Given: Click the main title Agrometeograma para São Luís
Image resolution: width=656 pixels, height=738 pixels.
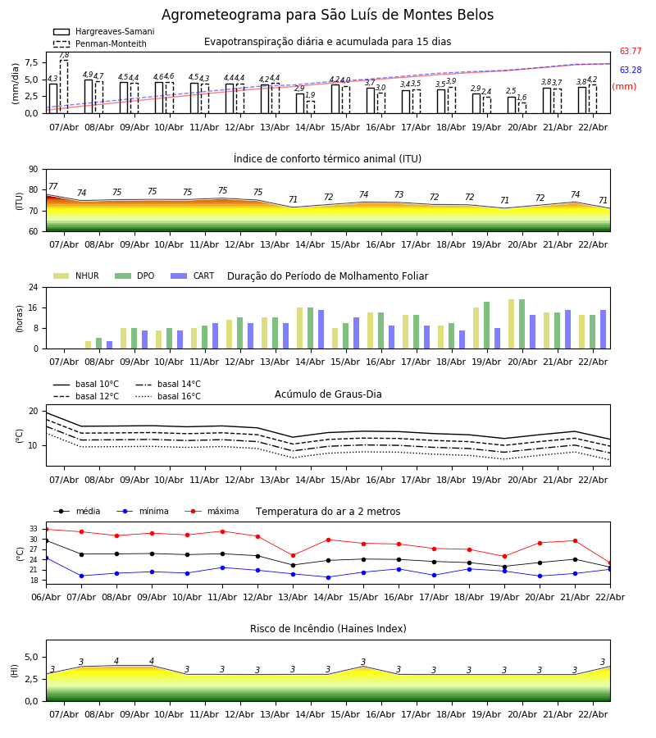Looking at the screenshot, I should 327,16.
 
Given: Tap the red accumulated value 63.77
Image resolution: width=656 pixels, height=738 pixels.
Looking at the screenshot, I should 630,52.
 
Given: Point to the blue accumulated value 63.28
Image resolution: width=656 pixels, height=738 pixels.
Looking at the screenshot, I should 630,71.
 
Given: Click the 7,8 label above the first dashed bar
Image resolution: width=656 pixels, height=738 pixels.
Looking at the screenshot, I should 64,55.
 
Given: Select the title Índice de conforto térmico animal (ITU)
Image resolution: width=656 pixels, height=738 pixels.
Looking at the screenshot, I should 327,159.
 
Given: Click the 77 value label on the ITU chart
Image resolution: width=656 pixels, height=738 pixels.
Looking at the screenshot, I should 52,187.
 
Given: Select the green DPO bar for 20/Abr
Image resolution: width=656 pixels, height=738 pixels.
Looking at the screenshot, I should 522,324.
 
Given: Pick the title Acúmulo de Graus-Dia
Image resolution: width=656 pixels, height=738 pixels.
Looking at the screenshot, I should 328,394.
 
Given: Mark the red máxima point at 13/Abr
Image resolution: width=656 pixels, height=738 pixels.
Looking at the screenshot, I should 293,555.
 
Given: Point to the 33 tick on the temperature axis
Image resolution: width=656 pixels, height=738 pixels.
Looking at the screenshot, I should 33,529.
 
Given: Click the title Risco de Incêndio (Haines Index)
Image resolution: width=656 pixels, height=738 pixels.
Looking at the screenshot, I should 328,629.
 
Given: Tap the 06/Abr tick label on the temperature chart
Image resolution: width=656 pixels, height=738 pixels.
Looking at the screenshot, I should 46,595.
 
